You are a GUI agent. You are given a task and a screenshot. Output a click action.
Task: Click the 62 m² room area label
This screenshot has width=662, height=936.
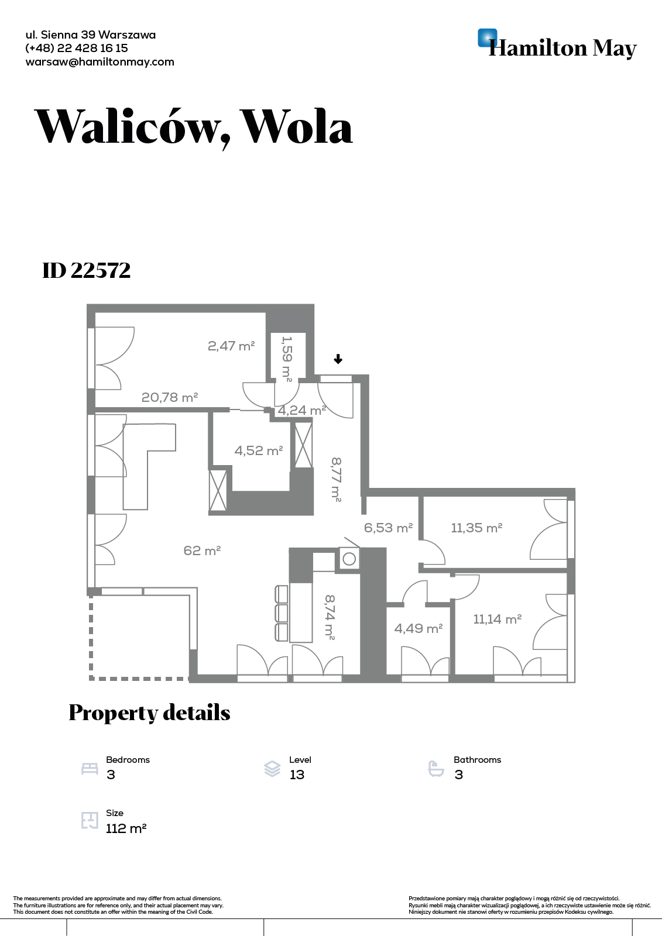coord(202,550)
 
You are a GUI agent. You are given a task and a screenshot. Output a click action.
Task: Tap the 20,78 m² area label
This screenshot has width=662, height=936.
coord(170,398)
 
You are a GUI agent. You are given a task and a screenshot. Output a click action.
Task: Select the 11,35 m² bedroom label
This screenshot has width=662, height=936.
coord(476,528)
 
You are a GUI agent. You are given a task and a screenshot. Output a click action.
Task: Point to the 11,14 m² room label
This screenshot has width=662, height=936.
coord(497,619)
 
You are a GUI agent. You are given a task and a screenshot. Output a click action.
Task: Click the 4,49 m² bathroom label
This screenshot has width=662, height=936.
coord(418,629)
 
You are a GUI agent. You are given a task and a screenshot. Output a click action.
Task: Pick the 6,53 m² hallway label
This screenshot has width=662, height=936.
coord(388,528)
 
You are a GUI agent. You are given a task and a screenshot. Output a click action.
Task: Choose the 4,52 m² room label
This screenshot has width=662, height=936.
coord(259,451)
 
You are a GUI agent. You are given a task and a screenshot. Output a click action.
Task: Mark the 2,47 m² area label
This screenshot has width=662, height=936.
coord(231,346)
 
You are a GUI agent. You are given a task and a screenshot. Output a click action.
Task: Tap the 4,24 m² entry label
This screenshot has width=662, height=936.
coord(301,411)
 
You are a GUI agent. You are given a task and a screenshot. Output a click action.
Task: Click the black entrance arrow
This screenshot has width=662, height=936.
coord(338,360)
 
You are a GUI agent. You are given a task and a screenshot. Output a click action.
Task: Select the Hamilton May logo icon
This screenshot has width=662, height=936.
coord(487,38)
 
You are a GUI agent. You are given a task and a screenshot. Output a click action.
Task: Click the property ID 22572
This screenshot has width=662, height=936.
coord(87,270)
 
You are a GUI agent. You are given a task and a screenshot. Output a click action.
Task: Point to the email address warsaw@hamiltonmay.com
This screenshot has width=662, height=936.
coord(100,62)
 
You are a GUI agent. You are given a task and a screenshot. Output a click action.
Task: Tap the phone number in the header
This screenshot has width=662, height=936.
coord(77,49)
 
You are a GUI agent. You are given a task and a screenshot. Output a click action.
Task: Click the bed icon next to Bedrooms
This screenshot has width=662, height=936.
coord(90,769)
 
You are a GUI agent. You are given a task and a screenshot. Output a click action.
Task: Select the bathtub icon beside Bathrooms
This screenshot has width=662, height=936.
coord(436,769)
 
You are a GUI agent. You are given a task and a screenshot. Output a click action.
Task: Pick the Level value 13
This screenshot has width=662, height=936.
coord(297,775)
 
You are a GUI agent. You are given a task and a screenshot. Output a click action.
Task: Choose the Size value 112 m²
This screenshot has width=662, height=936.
coord(126,829)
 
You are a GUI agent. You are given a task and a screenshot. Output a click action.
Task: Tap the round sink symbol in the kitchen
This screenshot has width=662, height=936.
coord(349,559)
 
